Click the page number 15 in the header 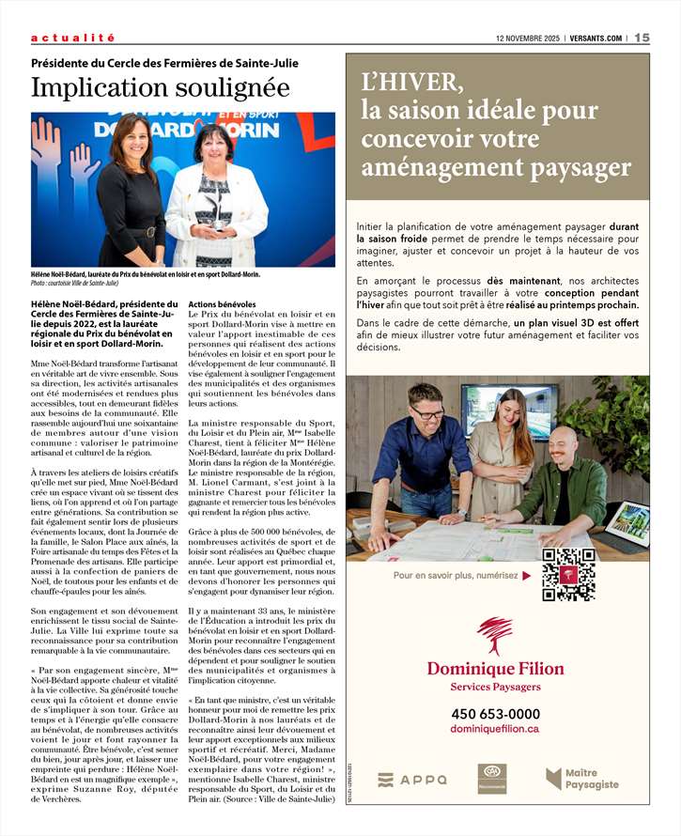click(642, 38)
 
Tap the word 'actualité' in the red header click(72, 38)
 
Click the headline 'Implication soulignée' click(160, 88)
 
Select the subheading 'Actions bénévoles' click(222, 305)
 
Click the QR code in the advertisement click(568, 574)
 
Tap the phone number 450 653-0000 click(495, 714)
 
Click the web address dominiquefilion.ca click(495, 729)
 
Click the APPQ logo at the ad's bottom click(412, 780)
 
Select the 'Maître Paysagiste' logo click(582, 779)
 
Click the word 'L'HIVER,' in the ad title click(414, 83)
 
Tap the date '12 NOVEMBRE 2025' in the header click(527, 38)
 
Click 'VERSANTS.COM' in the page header click(595, 38)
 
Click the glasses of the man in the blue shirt click(426, 411)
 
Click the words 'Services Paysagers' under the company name click(495, 687)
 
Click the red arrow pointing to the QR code click(527, 575)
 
